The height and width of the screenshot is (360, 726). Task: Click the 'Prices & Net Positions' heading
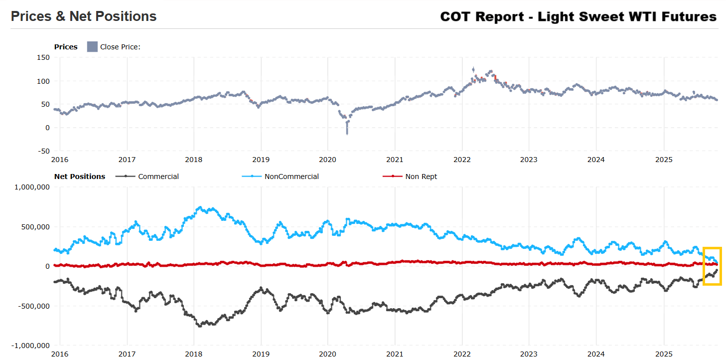(84, 16)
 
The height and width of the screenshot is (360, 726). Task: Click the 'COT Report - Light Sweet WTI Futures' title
(578, 16)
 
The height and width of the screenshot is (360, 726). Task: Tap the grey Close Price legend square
(92, 47)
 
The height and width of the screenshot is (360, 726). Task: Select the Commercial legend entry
(158, 177)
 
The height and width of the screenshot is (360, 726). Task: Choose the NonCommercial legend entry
(291, 177)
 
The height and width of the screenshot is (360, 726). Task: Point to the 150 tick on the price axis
(43, 58)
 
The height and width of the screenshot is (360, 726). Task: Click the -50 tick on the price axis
(43, 151)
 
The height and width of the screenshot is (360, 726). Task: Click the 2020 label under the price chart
(327, 160)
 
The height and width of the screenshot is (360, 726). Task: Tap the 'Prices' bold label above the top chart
(66, 47)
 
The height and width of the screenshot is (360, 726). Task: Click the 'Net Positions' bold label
(80, 177)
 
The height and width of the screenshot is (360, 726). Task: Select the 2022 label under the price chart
(461, 160)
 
